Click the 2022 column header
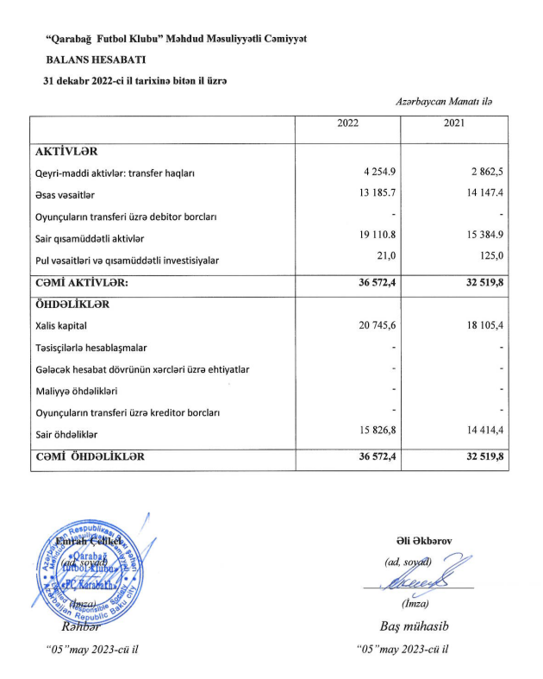pos(347,123)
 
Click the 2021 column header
pos(454,123)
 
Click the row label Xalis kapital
pos(61,326)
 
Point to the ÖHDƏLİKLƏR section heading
pos(72,305)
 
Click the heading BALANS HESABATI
pos(96,60)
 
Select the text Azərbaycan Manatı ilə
pos(445,102)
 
